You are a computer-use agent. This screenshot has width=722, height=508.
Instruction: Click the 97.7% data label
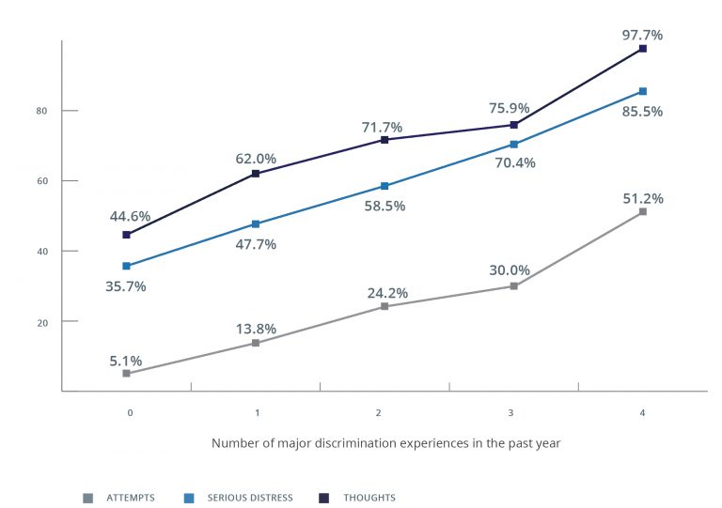click(642, 35)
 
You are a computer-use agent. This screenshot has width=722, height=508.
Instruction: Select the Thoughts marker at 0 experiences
click(126, 235)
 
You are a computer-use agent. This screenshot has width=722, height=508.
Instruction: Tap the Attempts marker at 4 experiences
click(643, 212)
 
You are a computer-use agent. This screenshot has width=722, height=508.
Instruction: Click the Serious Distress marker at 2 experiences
click(385, 186)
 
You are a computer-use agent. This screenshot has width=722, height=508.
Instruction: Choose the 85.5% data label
click(642, 111)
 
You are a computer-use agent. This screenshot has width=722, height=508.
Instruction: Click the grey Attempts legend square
click(87, 498)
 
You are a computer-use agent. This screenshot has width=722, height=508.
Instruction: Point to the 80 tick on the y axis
click(42, 111)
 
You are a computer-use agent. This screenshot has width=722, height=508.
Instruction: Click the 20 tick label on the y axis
click(42, 321)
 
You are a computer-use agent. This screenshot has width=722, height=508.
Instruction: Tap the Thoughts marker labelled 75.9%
click(513, 125)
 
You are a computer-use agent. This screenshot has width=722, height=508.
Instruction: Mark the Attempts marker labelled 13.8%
click(255, 343)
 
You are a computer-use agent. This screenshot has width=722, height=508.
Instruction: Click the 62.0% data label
click(255, 159)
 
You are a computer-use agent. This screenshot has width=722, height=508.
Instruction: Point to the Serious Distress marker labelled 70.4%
click(513, 144)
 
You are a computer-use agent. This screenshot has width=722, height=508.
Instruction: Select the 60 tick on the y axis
click(42, 180)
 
